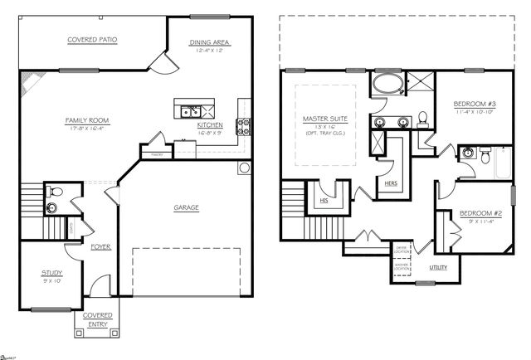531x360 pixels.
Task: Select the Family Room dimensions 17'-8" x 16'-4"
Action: click(x=88, y=129)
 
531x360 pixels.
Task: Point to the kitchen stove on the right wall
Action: click(x=245, y=127)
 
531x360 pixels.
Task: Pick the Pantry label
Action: click(x=155, y=153)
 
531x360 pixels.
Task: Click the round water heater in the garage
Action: click(x=244, y=168)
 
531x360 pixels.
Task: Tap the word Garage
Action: click(x=186, y=207)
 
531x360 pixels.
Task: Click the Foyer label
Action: click(x=100, y=246)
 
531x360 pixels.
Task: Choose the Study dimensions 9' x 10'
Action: click(x=41, y=280)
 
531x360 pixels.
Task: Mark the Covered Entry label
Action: click(x=97, y=319)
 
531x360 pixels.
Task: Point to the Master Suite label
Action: click(x=324, y=119)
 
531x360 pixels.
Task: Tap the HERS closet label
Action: click(x=388, y=182)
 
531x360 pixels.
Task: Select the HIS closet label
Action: click(x=324, y=200)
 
